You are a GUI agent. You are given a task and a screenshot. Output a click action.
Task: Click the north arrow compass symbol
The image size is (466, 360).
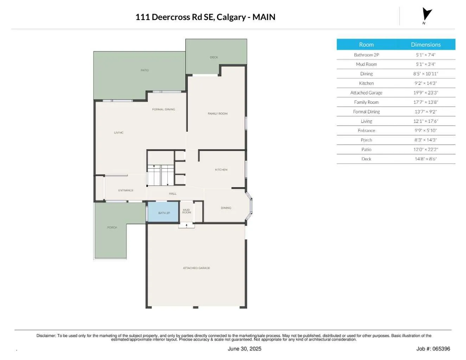(427, 15)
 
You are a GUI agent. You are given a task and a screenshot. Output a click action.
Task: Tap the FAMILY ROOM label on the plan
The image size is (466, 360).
(217, 114)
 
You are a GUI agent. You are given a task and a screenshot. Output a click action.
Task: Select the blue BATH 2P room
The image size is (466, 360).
(163, 212)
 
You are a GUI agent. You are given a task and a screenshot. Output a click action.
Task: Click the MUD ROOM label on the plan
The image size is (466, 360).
(186, 211)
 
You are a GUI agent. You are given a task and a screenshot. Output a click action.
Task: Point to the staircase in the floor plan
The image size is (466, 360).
(160, 175)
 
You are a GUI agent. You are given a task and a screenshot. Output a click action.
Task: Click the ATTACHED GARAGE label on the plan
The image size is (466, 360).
(196, 268)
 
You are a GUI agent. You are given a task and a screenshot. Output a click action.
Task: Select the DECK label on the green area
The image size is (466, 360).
(214, 57)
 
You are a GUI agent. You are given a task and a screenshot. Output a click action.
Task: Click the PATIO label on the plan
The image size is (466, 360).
(145, 70)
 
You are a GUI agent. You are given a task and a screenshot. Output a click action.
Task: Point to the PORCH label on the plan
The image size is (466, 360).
(112, 228)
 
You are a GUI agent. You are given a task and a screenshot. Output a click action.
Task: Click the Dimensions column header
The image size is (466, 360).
(426, 45)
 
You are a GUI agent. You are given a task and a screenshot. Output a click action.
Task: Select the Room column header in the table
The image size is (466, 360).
(366, 45)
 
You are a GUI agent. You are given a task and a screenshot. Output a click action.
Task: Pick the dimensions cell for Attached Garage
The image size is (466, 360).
(426, 93)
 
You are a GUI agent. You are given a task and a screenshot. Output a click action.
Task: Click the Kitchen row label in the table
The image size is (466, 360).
(366, 83)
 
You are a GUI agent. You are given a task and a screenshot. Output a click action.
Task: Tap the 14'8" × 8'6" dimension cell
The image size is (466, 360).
(426, 159)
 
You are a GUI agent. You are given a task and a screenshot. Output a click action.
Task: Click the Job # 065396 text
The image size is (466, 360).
(433, 349)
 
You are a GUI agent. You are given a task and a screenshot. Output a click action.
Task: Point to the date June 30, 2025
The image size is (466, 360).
(244, 349)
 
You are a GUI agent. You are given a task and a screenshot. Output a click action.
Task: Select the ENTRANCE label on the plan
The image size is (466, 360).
(126, 190)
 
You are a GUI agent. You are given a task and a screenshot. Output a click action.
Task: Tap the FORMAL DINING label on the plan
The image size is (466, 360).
(164, 109)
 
